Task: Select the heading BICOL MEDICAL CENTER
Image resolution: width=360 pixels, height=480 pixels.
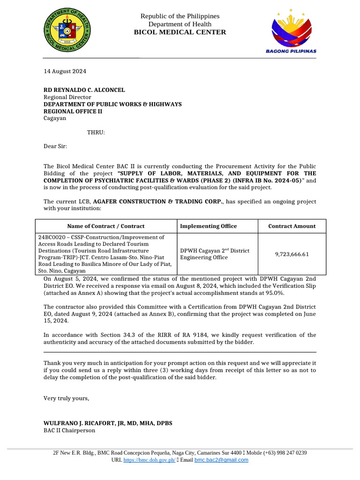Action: coord(180,32)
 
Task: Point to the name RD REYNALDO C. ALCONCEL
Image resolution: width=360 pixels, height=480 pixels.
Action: coord(84,90)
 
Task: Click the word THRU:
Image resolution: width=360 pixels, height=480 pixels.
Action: coord(96,132)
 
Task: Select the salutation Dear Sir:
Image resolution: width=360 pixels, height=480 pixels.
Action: coord(55,146)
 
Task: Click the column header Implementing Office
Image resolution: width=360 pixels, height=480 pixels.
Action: coord(209,226)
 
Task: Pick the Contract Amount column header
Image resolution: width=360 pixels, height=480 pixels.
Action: coord(292,226)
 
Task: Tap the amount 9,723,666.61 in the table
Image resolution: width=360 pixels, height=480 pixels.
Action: coord(292,254)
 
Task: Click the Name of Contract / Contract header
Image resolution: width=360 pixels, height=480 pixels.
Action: coord(106,226)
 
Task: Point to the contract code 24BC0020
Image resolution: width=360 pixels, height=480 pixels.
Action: coord(52,238)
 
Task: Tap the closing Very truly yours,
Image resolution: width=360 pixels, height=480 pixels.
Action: coord(66,398)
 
